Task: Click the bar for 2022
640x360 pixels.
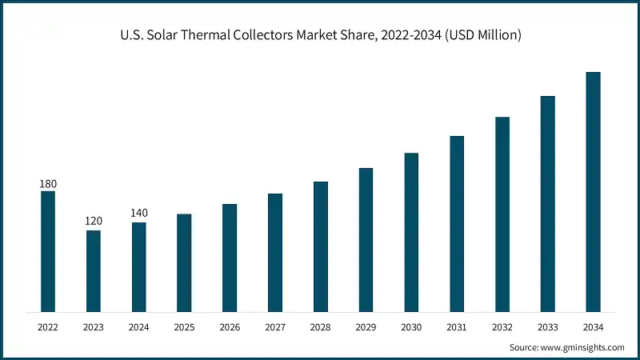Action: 48,251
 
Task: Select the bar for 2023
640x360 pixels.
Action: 94,271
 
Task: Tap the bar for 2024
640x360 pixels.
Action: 139,267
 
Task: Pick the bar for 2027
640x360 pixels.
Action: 275,253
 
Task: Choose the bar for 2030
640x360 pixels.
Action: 411,232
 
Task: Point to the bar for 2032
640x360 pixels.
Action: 502,214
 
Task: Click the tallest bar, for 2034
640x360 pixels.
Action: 593,192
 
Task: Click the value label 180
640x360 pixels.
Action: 48,184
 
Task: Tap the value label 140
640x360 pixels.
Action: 139,214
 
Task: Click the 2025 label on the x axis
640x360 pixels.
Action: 184,327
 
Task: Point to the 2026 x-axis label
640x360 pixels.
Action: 230,327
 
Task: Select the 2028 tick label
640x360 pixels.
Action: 320,327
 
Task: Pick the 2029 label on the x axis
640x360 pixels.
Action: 366,327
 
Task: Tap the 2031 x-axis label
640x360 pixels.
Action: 457,327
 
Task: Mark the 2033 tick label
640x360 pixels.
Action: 547,327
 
